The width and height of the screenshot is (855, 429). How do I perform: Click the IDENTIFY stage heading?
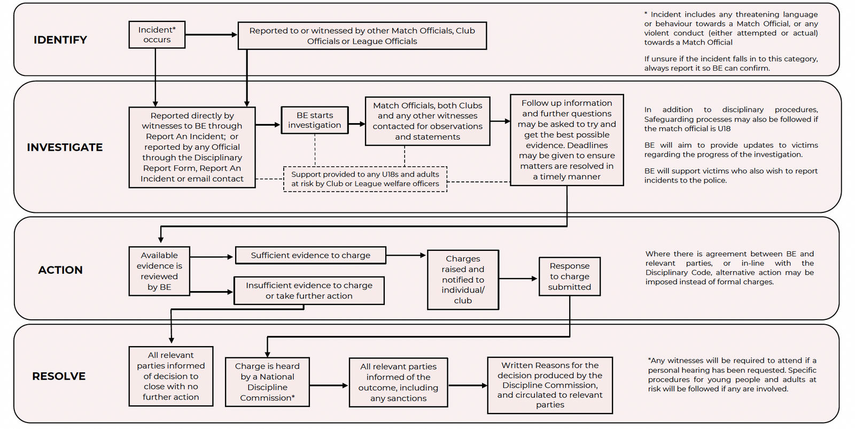(60, 40)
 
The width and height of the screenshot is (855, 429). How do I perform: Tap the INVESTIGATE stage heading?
(65, 147)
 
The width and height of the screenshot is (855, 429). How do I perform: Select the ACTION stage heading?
(60, 270)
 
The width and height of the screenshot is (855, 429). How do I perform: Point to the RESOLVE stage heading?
(59, 376)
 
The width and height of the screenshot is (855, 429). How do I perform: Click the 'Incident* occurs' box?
(157, 35)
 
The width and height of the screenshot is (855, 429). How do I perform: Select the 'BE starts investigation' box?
(315, 120)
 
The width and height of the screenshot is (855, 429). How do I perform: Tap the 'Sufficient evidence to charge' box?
(310, 255)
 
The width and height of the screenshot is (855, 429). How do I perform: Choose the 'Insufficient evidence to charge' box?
(309, 290)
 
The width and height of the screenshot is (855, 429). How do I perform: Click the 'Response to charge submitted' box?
(570, 276)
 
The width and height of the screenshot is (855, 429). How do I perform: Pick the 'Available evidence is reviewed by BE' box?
(159, 271)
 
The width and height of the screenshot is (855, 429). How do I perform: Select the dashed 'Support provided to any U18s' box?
(366, 179)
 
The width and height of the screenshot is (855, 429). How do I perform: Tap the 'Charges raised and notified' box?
(463, 280)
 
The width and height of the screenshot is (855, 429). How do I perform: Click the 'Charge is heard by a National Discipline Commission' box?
(267, 381)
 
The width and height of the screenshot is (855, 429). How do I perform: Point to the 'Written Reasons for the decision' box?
(550, 385)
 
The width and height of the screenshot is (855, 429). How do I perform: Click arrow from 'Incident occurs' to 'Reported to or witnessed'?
(212, 35)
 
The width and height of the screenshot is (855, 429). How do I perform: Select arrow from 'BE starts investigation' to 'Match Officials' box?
(357, 124)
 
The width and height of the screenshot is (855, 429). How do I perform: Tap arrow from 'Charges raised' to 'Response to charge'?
(518, 279)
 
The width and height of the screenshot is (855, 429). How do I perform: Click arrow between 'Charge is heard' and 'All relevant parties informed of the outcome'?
(329, 386)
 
